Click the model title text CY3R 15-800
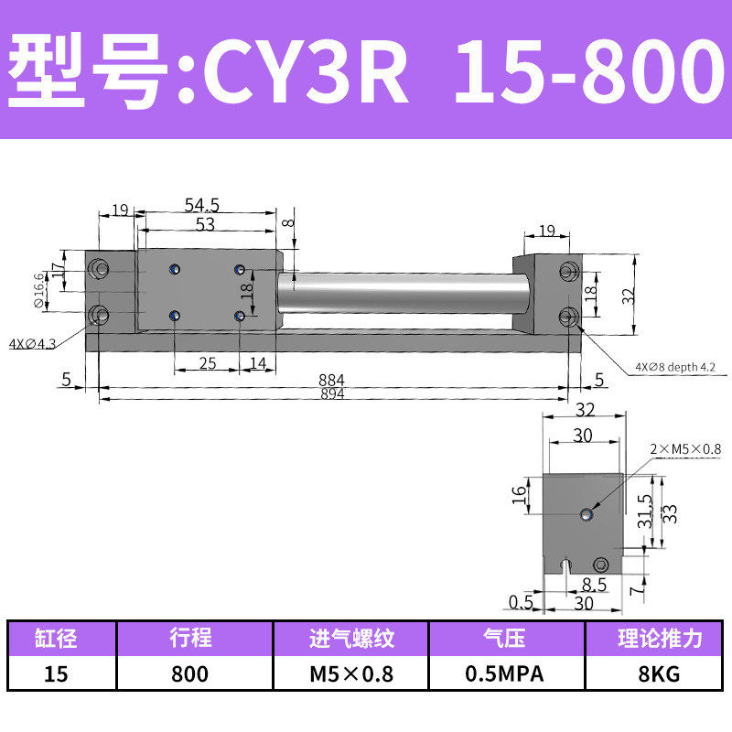366,70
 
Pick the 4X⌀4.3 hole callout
33,344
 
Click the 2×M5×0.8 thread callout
686,448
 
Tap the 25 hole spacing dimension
207,363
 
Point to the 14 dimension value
257,363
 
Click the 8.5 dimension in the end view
594,583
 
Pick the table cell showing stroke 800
189,674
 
